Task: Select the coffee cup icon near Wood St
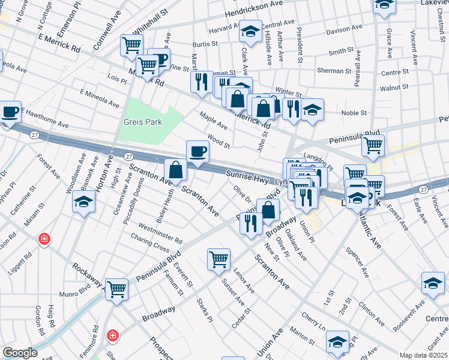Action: pyautogui.click(x=197, y=152)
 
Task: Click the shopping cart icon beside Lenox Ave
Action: pyautogui.click(x=218, y=259)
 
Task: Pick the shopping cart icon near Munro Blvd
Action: pyautogui.click(x=116, y=289)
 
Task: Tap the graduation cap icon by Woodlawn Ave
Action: pyautogui.click(x=84, y=202)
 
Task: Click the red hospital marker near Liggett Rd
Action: pyautogui.click(x=43, y=240)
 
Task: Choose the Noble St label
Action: pyautogui.click(x=354, y=113)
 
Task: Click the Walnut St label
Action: pyautogui.click(x=394, y=88)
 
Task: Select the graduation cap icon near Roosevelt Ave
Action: pyautogui.click(x=433, y=284)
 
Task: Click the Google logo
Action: pyautogui.click(x=20, y=353)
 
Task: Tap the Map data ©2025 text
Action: pyautogui.click(x=423, y=355)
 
